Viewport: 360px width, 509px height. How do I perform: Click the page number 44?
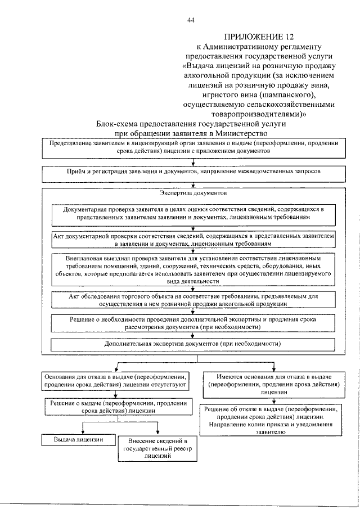191,21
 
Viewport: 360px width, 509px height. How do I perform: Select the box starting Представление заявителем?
193,148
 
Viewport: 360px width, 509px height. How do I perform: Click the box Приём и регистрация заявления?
193,171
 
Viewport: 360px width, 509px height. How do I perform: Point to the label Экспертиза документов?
193,193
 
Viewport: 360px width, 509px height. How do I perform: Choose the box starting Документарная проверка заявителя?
193,212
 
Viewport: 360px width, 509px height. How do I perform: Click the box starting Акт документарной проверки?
193,240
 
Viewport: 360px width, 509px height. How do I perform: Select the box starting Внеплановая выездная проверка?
193,269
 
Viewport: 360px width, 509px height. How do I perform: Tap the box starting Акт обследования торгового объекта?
193,299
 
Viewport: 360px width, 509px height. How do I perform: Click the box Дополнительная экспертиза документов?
193,343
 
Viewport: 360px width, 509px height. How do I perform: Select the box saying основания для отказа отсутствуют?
115,380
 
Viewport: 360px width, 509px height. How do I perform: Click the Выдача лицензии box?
78,439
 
